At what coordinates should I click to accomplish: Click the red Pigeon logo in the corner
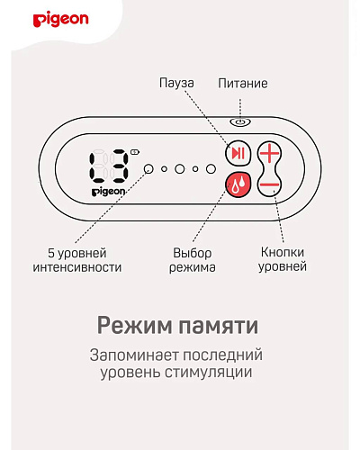click(61, 20)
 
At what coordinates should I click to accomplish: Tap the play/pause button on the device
click(238, 153)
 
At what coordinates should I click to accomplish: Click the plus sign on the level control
click(269, 153)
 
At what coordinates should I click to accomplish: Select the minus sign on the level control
click(269, 184)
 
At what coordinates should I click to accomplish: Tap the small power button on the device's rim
click(240, 122)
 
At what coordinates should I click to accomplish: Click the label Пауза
click(176, 83)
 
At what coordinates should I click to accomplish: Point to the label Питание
click(243, 84)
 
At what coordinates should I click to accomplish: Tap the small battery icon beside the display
click(135, 152)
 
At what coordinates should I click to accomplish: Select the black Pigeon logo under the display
click(108, 192)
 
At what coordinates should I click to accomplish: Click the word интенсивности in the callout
click(77, 267)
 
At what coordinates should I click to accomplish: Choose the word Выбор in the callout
click(193, 253)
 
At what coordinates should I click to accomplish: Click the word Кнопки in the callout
click(283, 252)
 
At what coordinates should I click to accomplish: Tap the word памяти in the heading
click(219, 326)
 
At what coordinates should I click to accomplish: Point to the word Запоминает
click(134, 355)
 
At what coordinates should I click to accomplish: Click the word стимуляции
click(209, 373)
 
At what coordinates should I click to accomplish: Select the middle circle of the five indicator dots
click(179, 169)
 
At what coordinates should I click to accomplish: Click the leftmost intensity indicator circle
click(148, 169)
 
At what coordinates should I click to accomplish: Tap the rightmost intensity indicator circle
click(211, 169)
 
